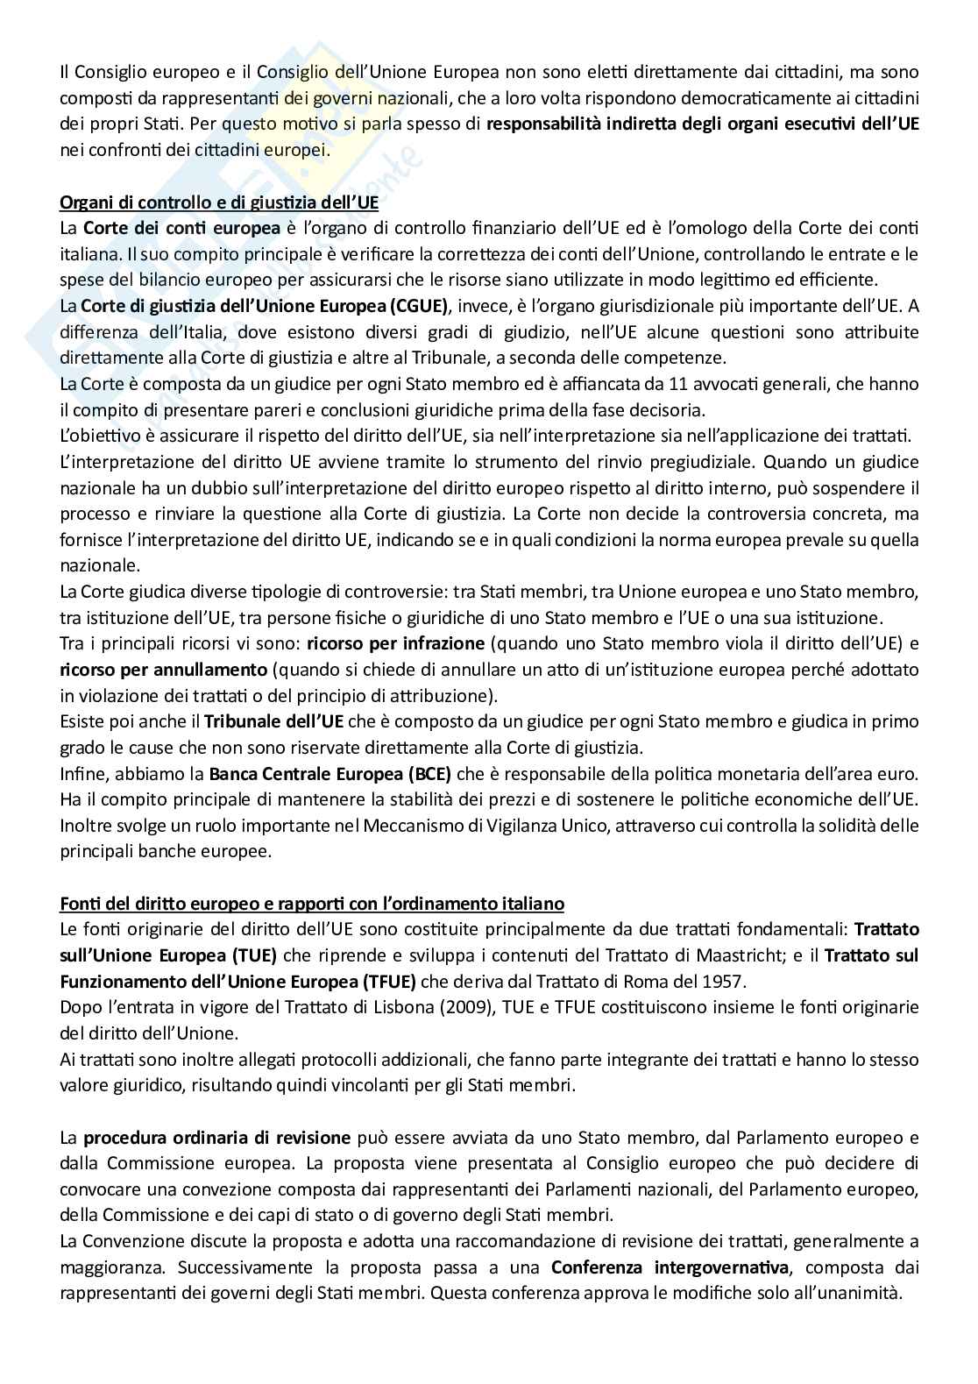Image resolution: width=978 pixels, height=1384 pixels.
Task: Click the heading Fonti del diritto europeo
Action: (x=311, y=903)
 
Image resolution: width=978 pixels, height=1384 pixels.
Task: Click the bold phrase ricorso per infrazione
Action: (x=395, y=643)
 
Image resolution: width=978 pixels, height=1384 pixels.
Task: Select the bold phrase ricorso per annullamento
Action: (x=163, y=670)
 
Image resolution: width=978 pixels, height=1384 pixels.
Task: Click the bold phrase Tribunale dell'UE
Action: (x=275, y=721)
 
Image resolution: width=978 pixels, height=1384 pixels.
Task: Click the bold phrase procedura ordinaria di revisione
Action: (x=216, y=1139)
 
